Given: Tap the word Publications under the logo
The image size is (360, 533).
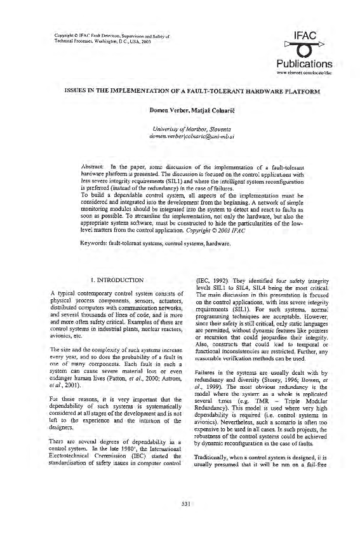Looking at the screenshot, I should pos(305,64).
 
